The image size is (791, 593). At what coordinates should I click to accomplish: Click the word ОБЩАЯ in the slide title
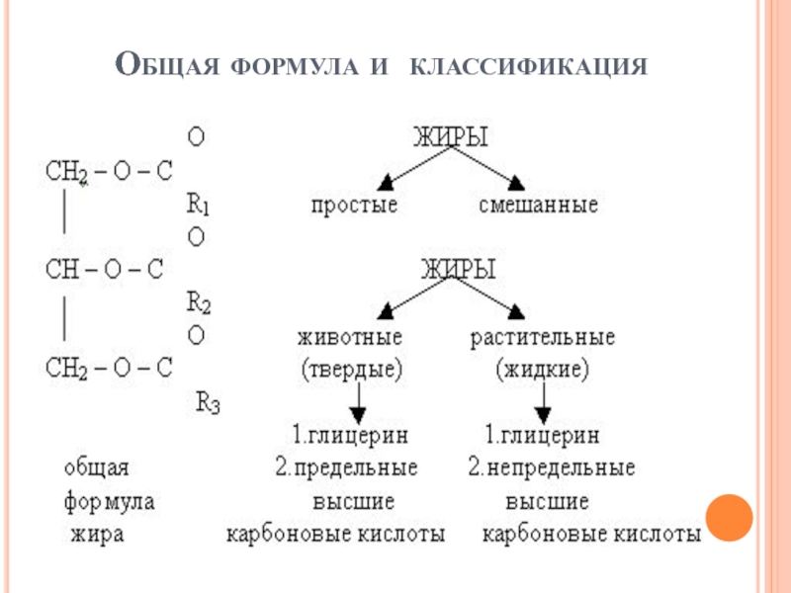coord(169,66)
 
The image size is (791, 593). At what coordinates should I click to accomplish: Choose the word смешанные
coord(538,206)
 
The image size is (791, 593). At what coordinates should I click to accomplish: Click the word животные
coord(350,337)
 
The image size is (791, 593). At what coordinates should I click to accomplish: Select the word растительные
coord(542,337)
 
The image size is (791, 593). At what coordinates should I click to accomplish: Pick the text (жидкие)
coord(542,370)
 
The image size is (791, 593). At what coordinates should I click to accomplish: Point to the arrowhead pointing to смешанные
coord(515,181)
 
